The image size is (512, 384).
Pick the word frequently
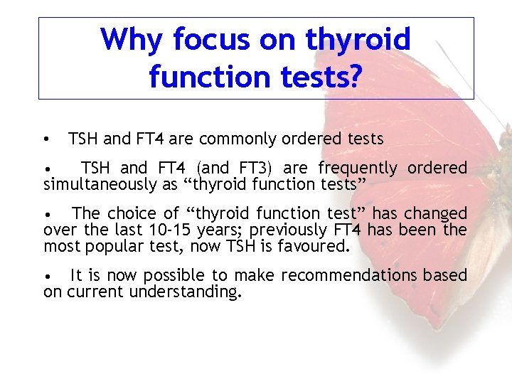358,169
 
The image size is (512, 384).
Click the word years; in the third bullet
233,230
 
